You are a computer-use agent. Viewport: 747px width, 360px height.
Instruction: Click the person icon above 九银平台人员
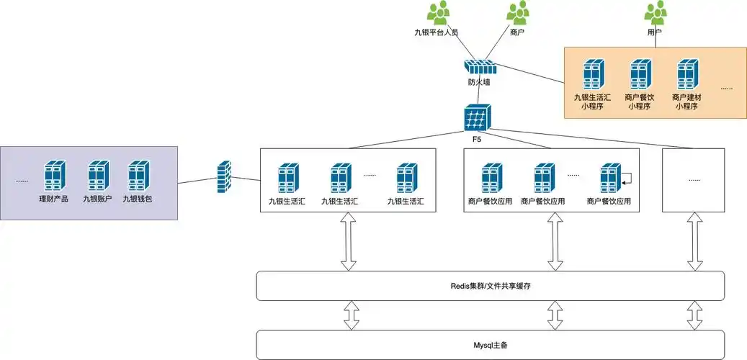[438, 13]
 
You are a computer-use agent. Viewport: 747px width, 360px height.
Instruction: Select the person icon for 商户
[516, 13]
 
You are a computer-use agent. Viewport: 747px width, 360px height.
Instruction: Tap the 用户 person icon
[655, 13]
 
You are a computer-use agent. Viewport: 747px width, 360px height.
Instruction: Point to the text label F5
[477, 137]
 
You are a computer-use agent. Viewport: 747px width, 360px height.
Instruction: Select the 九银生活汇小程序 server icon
[592, 75]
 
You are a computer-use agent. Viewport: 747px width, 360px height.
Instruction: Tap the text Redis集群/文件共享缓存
[491, 287]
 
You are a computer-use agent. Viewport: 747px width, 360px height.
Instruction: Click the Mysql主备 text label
[491, 345]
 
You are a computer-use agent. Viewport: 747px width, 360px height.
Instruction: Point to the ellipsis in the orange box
[726, 87]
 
